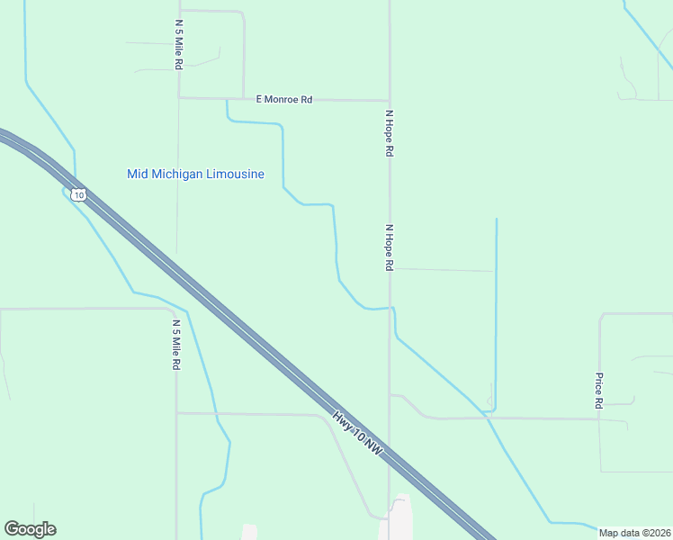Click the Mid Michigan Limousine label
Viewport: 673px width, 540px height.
pos(195,174)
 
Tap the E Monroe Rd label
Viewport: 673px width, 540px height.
pos(284,99)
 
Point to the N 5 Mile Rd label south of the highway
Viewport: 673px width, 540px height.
pos(176,345)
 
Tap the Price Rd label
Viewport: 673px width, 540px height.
pos(597,391)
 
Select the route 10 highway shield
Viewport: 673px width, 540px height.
pos(79,194)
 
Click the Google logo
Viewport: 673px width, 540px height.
pos(30,529)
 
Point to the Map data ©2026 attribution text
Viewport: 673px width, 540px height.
pos(635,533)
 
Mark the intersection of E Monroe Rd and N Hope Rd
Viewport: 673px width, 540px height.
pos(389,100)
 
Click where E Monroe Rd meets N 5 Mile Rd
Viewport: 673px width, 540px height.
pos(179,97)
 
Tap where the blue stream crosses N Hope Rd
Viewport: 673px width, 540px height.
pos(390,308)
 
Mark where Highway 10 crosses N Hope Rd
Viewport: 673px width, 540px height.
pos(390,457)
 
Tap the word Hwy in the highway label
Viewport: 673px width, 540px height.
pos(343,420)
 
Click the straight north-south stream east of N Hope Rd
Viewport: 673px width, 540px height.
pos(496,315)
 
